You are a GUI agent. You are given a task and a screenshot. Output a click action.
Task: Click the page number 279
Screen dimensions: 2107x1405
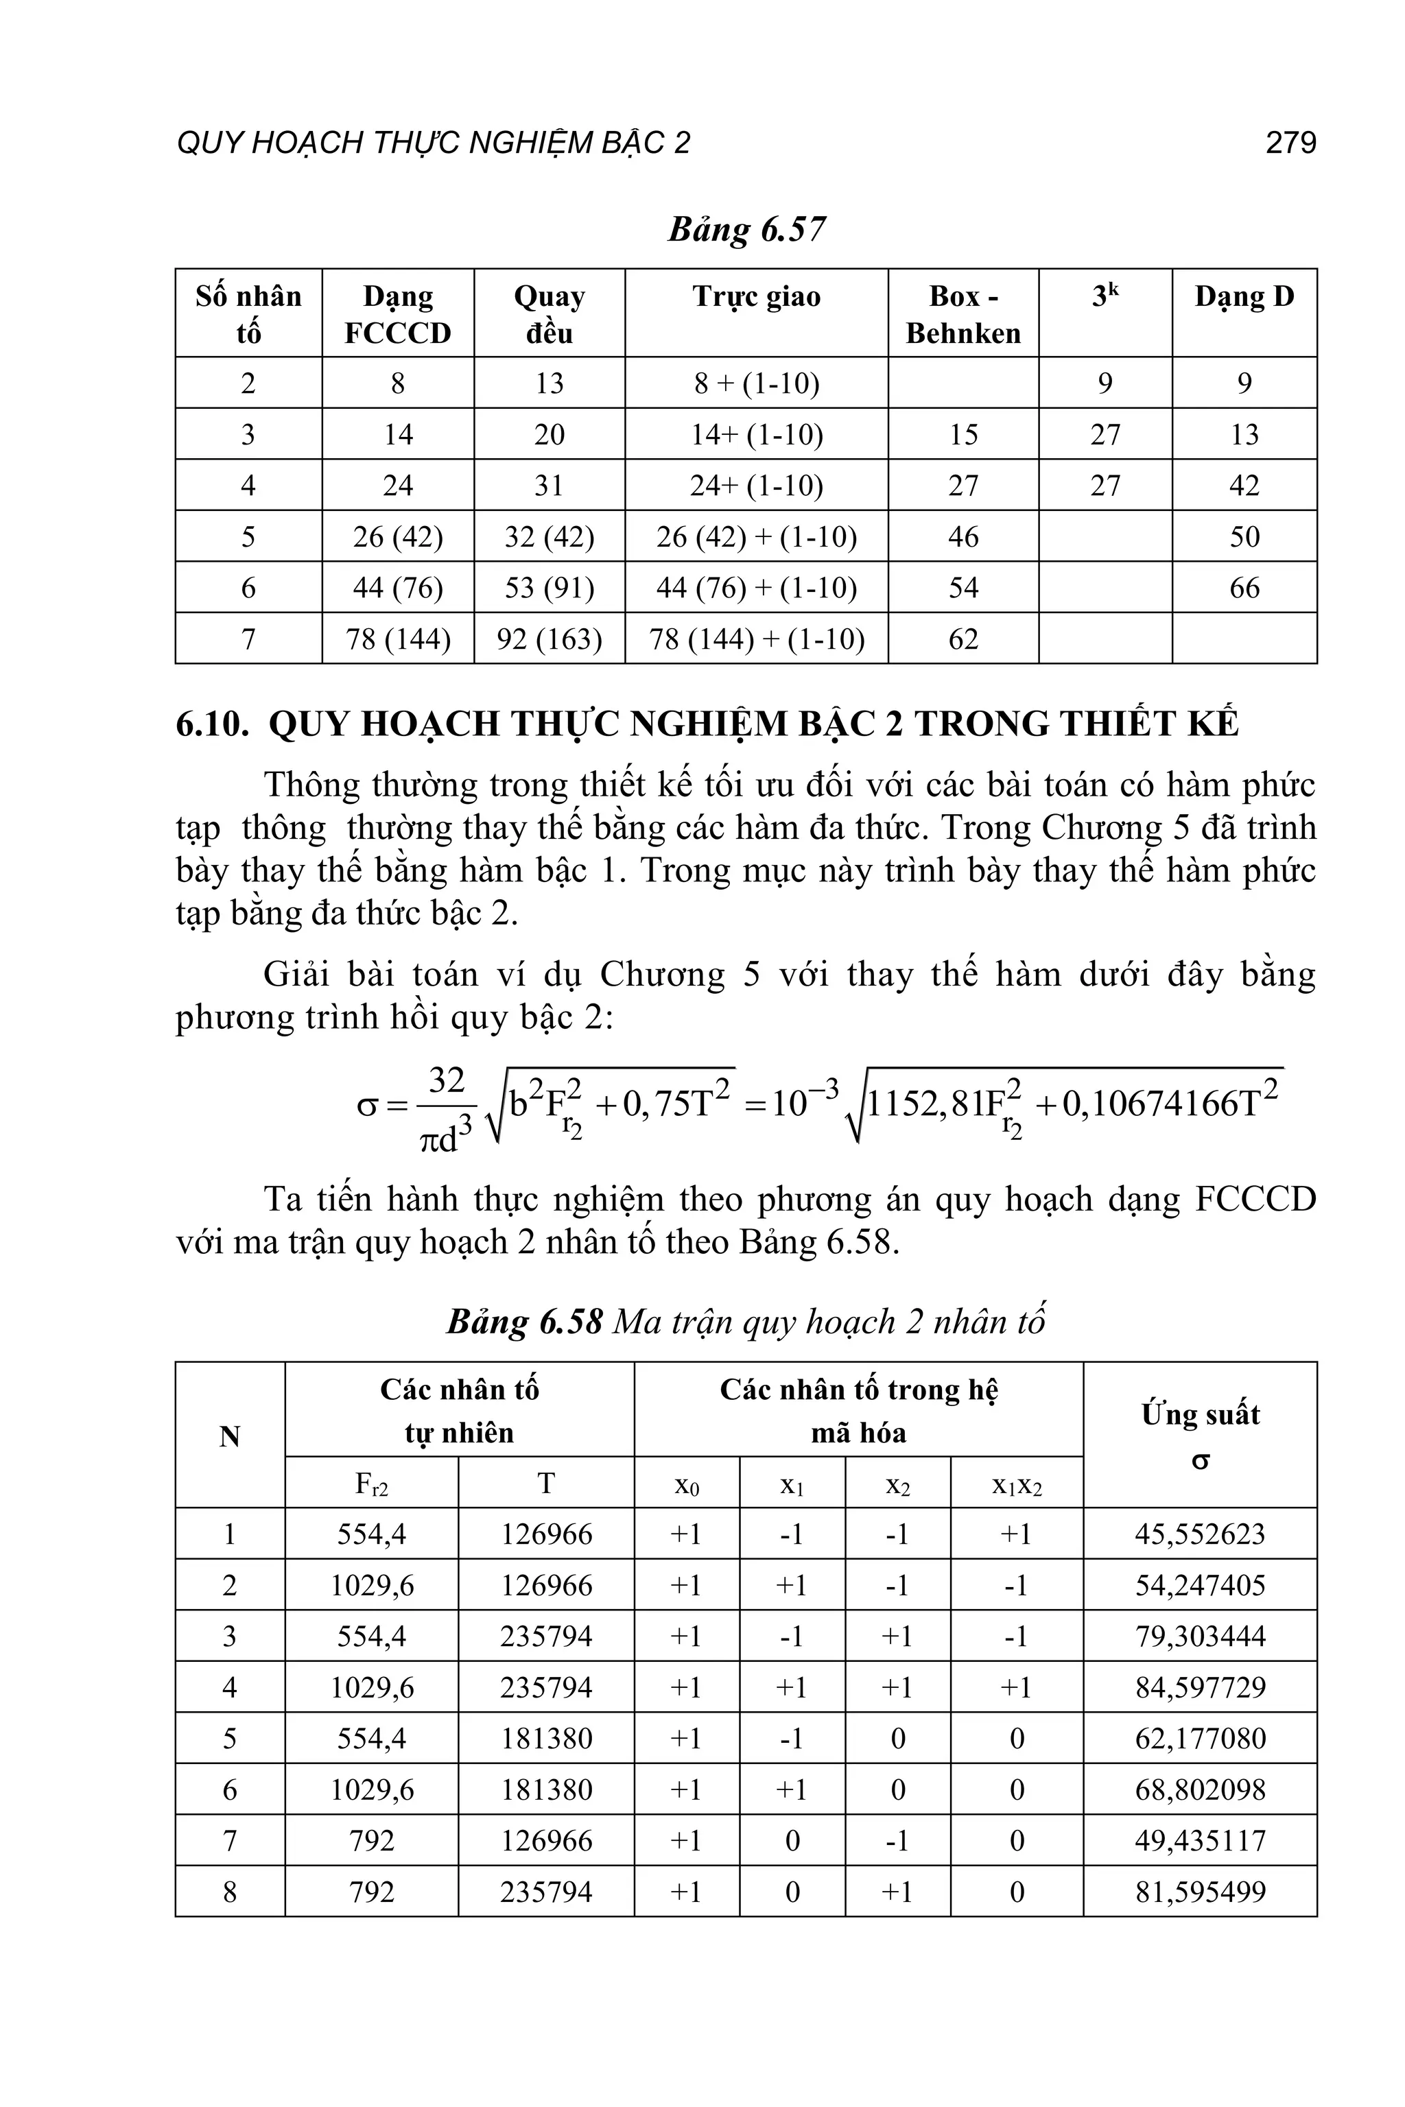[1290, 143]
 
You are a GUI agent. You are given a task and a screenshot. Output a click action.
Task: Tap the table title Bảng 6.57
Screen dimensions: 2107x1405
[746, 229]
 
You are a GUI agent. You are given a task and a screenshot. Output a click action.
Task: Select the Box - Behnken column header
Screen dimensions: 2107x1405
[963, 314]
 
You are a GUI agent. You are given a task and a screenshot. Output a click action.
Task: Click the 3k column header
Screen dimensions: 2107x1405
[1105, 296]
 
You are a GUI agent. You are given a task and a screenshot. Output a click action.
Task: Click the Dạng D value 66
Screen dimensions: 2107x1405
[1244, 588]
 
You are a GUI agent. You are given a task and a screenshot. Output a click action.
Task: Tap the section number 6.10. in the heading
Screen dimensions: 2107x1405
[213, 724]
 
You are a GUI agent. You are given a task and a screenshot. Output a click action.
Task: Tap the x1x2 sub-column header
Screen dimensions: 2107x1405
[1016, 1486]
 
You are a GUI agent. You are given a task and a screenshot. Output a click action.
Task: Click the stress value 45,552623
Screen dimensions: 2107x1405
[1200, 1534]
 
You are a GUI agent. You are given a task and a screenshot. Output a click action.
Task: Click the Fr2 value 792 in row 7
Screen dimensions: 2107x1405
[371, 1841]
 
